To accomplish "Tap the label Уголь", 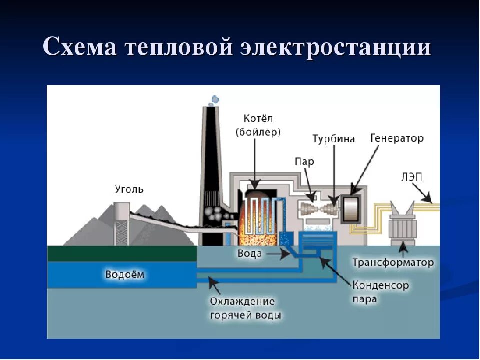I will click(129, 189).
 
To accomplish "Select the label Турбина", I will click(334, 139).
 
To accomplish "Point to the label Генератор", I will click(397, 138).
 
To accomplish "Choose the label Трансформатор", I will click(393, 262).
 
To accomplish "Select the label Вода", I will click(249, 254).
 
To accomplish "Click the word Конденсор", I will click(380, 285).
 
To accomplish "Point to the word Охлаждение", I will click(242, 302).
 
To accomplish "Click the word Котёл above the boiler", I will click(258, 119).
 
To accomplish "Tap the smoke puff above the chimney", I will click(214, 99).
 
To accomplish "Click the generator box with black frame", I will click(352, 207).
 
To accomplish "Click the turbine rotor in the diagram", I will click(318, 207).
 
